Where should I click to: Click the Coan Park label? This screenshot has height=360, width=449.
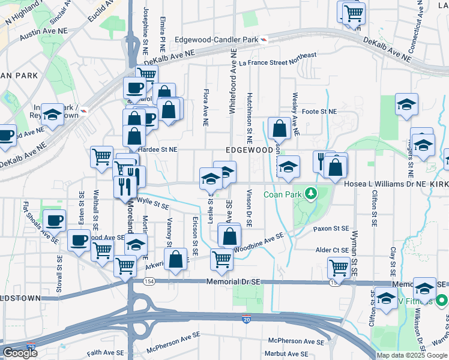(283, 194)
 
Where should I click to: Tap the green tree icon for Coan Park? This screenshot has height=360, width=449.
(310, 193)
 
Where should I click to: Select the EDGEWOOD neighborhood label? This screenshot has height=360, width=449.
(249, 149)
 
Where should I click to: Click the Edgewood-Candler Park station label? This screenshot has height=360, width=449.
(217, 40)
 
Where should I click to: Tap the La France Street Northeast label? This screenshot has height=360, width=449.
(277, 59)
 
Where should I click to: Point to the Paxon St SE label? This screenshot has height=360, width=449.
(331, 229)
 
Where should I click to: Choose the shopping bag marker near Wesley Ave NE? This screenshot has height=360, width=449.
(280, 128)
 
